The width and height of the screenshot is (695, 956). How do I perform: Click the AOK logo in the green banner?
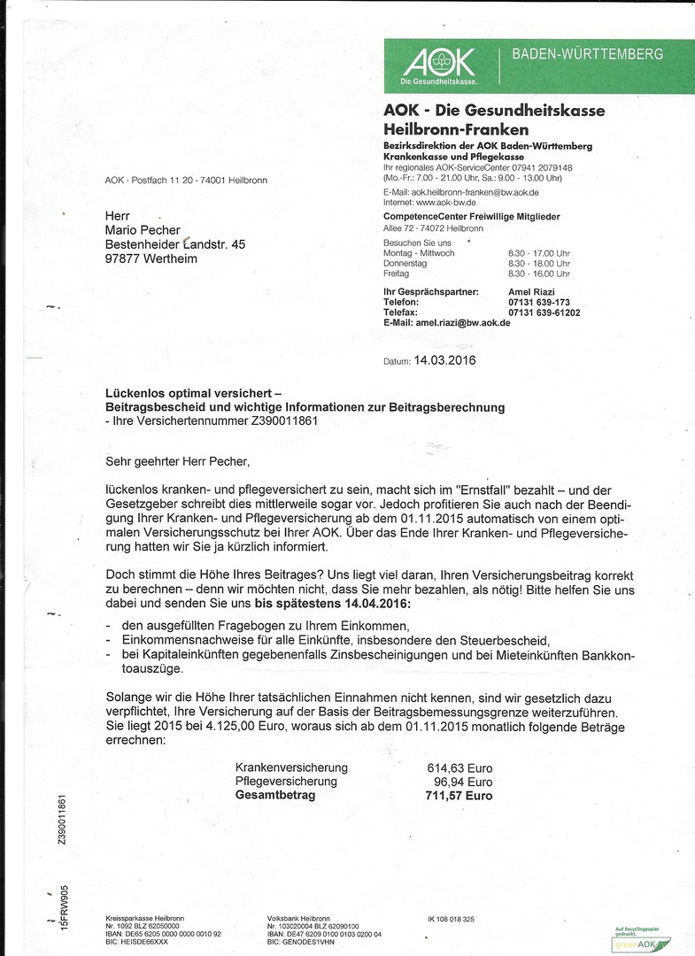coord(439,64)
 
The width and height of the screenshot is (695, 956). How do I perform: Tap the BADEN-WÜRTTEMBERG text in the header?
coord(587,55)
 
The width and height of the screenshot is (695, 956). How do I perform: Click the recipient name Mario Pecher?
coord(143,230)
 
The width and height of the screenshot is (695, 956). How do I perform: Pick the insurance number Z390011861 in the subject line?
coord(275,420)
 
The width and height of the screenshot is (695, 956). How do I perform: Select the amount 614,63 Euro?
coord(459,768)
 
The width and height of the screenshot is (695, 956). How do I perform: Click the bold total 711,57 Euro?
coord(459,796)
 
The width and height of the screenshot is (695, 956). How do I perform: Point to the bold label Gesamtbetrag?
coord(274,795)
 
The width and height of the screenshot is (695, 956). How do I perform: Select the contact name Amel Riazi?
coord(532,291)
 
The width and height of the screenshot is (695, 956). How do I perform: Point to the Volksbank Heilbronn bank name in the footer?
coord(297,919)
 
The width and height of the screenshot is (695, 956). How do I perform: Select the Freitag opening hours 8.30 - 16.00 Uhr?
coord(538,274)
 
